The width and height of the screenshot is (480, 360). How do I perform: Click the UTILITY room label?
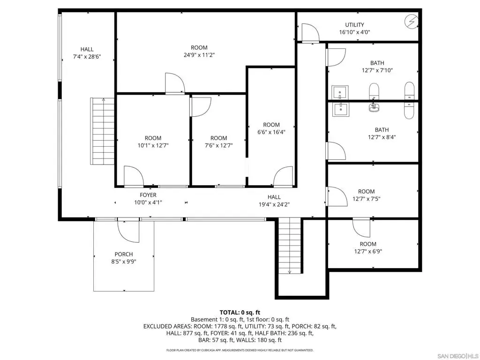[354, 25]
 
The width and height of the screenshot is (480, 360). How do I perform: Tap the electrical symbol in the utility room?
[412, 21]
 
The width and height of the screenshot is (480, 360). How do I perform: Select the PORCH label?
[124, 254]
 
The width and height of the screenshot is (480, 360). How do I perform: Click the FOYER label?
[148, 195]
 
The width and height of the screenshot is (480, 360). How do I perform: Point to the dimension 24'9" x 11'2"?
[199, 55]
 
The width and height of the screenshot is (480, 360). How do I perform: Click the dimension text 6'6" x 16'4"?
[271, 132]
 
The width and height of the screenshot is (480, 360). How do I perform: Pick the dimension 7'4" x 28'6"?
[87, 57]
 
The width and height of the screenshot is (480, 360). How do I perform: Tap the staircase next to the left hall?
[102, 131]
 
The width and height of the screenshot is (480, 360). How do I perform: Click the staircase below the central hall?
[290, 246]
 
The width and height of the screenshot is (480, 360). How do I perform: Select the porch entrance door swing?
[128, 231]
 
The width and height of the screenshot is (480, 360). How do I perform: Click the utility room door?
[310, 32]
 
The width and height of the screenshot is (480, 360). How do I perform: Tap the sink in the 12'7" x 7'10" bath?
[340, 92]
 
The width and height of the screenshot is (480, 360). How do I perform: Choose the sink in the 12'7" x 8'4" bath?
[340, 109]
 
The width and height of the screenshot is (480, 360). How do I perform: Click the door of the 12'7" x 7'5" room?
[336, 196]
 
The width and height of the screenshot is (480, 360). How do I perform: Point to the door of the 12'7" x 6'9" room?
[361, 228]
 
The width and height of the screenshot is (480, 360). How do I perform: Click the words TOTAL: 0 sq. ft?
[240, 313]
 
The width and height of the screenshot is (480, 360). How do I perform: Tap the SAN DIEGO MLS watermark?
[457, 356]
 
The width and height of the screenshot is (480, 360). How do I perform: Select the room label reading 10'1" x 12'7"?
[153, 146]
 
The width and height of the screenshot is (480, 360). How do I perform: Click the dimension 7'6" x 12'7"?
[218, 146]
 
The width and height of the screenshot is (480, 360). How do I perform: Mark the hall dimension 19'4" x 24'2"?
[274, 204]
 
